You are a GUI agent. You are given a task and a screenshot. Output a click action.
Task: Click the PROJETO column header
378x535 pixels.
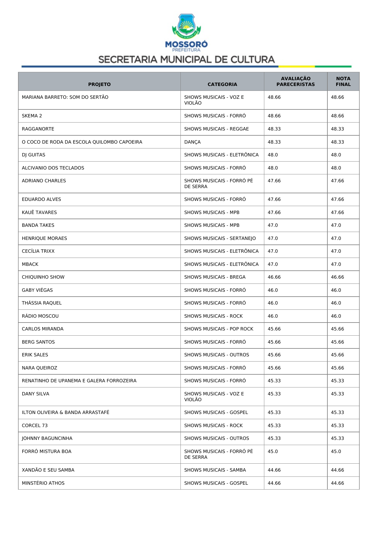coord(99,84)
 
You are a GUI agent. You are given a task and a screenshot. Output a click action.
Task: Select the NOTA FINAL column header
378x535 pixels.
coord(343,81)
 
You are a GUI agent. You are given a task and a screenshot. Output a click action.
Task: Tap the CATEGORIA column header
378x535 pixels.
coord(222,84)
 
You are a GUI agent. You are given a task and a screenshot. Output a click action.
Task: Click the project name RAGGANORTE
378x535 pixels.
coord(38,129)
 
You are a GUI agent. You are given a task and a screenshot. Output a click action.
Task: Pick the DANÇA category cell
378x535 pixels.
coord(192,142)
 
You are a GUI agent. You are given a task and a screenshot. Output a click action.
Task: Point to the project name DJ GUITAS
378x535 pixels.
coord(34,155)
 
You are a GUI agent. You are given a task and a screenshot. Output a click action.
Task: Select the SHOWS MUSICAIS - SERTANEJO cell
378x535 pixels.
coord(220,238)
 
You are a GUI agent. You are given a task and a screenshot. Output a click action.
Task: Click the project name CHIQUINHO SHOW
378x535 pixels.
coord(43,277)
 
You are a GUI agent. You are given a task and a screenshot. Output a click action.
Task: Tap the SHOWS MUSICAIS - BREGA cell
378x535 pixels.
coord(215,277)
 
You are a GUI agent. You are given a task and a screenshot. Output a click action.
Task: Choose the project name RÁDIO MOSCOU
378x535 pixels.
coord(40,316)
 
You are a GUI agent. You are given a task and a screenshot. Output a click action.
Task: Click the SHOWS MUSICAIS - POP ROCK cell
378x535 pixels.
coord(219,329)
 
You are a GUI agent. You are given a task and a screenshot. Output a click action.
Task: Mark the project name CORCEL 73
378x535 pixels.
coord(35,426)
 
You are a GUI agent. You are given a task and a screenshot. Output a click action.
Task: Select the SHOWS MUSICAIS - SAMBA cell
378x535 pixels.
coord(215,470)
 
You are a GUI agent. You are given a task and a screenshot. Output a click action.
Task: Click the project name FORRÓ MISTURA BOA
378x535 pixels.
coord(47,451)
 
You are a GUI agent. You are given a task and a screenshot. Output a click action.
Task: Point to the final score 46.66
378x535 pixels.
coord(337,277)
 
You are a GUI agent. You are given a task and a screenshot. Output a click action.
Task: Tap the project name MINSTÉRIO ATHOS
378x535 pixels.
coord(43,483)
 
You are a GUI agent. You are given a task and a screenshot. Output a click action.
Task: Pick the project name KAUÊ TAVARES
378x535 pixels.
coord(39,212)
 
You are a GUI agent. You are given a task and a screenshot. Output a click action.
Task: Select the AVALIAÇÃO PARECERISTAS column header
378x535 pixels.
coord(295,81)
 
